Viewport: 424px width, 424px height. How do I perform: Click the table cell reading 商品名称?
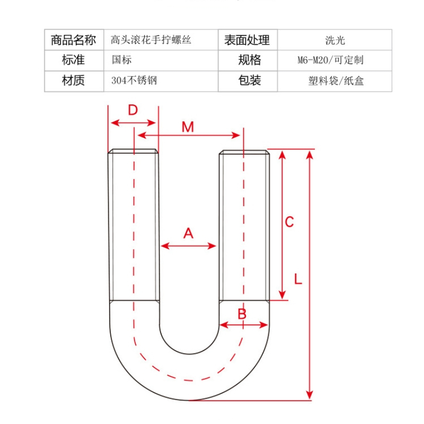pyautogui.click(x=74, y=40)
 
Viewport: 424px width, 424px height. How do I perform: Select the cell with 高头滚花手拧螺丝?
pyautogui.click(x=151, y=40)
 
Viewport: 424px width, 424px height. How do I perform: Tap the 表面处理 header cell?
pyautogui.click(x=247, y=40)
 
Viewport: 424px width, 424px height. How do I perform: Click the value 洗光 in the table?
pyautogui.click(x=335, y=40)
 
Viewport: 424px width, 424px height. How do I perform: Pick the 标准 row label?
pyautogui.click(x=74, y=60)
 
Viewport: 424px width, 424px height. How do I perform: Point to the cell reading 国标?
pyautogui.click(x=121, y=60)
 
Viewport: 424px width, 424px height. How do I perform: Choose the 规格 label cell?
pyautogui.click(x=247, y=60)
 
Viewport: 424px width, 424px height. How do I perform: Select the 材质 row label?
pyautogui.click(x=74, y=81)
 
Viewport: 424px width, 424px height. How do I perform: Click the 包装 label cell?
pyautogui.click(x=247, y=81)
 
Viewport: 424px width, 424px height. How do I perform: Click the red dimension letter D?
pyautogui.click(x=132, y=110)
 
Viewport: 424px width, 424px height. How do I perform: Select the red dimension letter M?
pyautogui.click(x=188, y=127)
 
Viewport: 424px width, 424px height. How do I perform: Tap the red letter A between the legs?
pyautogui.click(x=188, y=233)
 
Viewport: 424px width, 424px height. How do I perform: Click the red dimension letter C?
pyautogui.click(x=289, y=222)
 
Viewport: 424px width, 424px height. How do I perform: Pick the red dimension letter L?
pyautogui.click(x=298, y=279)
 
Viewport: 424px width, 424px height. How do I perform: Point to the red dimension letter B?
pyautogui.click(x=242, y=314)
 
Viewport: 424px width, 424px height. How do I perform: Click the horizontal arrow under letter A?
pyautogui.click(x=188, y=245)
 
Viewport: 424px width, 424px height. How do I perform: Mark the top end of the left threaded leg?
pyautogui.click(x=133, y=151)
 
